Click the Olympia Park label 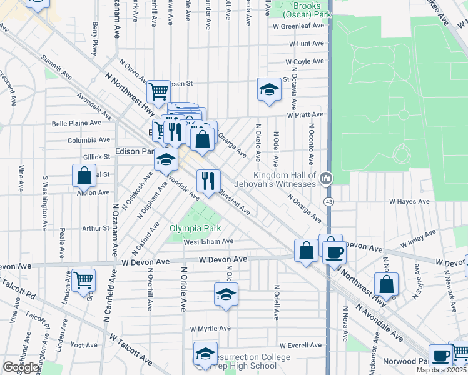(x=195, y=228)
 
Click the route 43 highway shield (x=328, y=202)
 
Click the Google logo (x=21, y=367)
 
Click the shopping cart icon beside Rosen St (x=158, y=91)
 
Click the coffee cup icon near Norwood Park (x=440, y=355)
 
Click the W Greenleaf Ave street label (x=298, y=26)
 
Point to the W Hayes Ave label (x=409, y=202)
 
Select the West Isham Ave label (x=208, y=241)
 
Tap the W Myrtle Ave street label (x=210, y=328)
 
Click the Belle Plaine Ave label (x=76, y=124)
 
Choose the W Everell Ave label (x=300, y=345)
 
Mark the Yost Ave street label (x=84, y=344)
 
